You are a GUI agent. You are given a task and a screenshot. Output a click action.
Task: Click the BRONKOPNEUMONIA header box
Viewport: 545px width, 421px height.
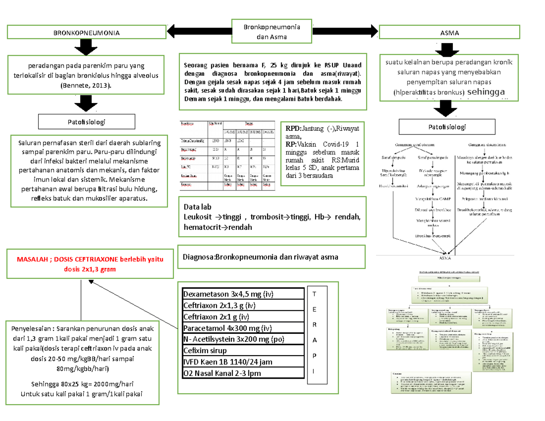87,33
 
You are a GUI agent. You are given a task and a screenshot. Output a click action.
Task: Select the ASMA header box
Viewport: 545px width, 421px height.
449,33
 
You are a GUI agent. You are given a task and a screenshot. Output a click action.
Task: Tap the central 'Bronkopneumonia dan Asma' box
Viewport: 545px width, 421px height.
272,31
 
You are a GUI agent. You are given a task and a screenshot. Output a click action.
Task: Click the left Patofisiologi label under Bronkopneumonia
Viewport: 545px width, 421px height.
87,122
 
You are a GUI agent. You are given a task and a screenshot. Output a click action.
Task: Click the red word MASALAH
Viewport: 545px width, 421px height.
33,259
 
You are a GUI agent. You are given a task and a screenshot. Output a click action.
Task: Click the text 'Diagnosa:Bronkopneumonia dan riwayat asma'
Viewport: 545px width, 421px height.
261,257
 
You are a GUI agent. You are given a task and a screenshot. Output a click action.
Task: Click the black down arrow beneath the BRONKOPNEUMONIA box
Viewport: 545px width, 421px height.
87,47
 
